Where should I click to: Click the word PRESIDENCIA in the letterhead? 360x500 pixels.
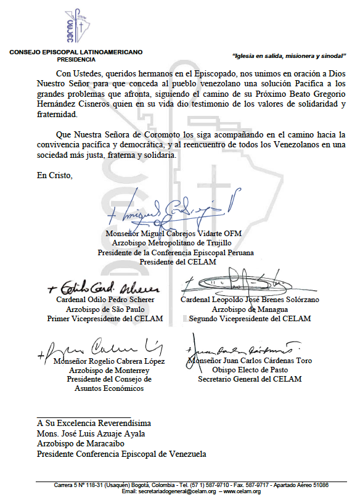click(76, 60)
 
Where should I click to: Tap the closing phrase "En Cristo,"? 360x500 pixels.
click(55, 176)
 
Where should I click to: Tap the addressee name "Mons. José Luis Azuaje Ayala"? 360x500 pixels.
click(91, 434)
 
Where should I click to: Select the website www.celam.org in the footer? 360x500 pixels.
click(242, 491)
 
